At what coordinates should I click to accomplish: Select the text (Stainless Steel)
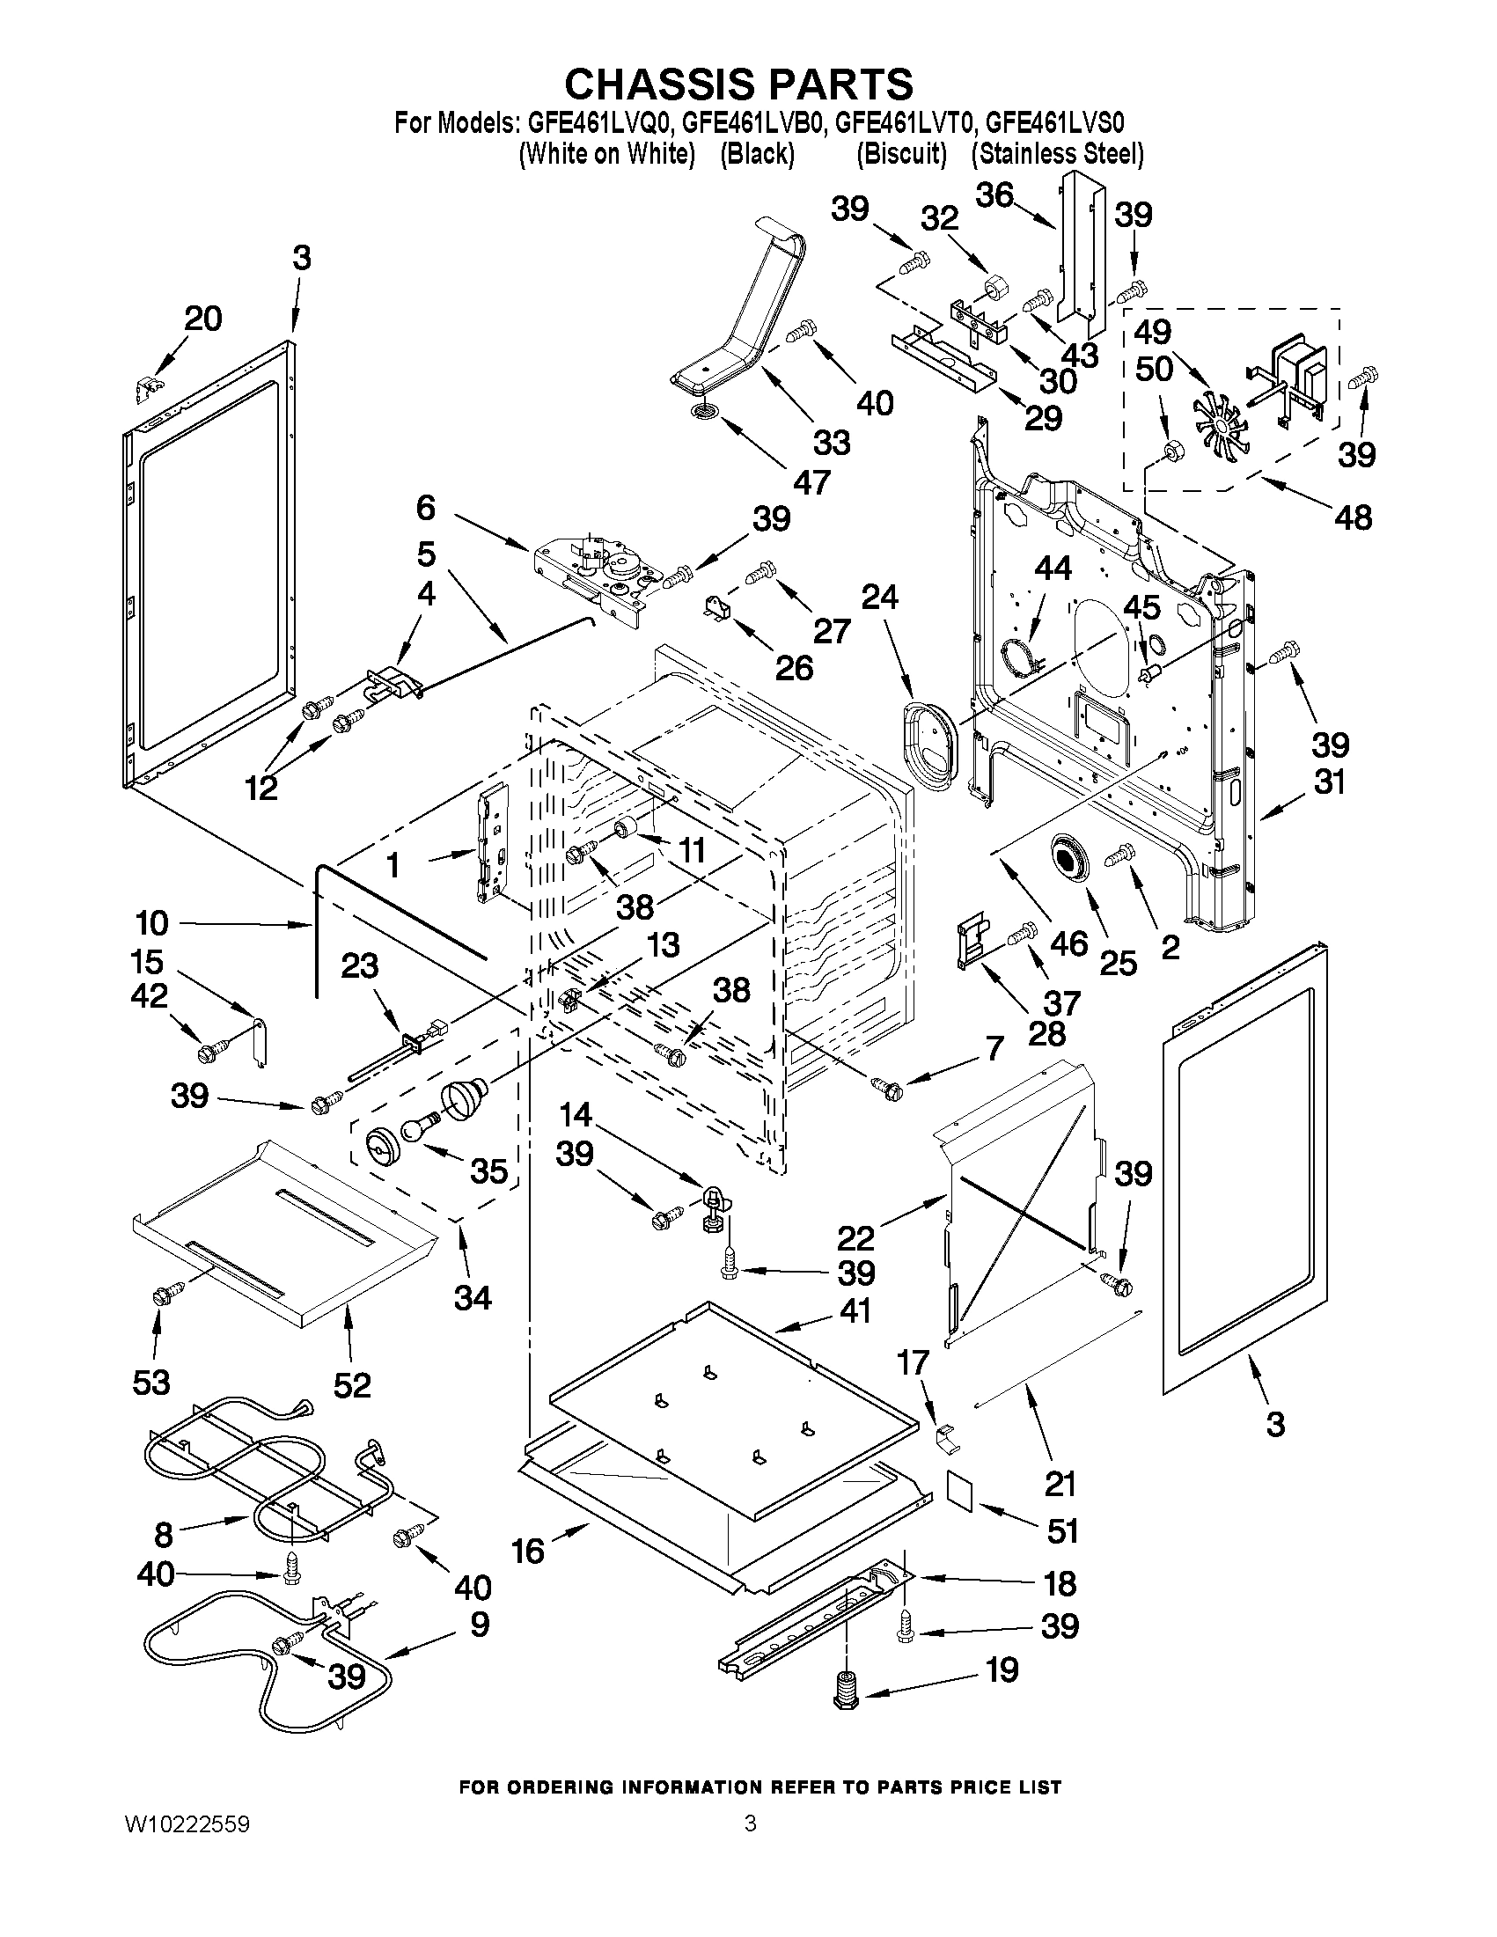(1057, 154)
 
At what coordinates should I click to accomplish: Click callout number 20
(202, 319)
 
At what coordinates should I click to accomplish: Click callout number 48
(1353, 517)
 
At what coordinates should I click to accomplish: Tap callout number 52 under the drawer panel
(351, 1384)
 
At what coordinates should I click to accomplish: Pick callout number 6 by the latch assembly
(426, 508)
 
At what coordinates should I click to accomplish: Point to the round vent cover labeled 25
(1073, 858)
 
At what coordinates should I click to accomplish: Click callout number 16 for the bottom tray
(528, 1552)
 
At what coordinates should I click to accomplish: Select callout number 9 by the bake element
(479, 1624)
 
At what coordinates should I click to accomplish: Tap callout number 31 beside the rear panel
(1329, 782)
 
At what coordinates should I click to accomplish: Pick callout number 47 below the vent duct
(811, 481)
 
